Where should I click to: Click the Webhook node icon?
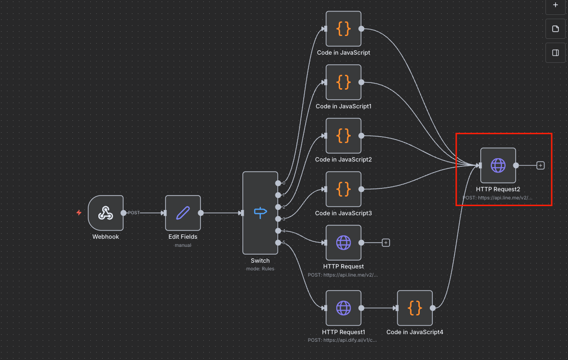pos(106,213)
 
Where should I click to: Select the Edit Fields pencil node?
pos(183,213)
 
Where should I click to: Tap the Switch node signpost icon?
pos(260,213)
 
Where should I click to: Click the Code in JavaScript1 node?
pos(343,82)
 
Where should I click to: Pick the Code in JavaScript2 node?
pos(343,136)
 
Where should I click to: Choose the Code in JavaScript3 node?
pos(343,189)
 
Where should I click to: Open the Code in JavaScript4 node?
pos(415,308)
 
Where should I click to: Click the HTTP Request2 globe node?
pos(498,165)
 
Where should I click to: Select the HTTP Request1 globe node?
pos(343,308)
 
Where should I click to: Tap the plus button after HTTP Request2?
pos(541,165)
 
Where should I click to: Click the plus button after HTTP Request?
pos(386,243)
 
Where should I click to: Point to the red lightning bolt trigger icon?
pos(79,212)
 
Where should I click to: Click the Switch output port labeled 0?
pos(278,183)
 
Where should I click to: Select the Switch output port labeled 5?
pos(278,243)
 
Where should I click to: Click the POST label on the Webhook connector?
pos(134,213)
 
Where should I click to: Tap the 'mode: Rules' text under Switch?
pos(260,269)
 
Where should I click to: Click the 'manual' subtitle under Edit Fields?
pos(183,245)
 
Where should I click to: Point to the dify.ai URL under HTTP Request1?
pos(343,340)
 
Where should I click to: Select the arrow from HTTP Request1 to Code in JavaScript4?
pos(379,308)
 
